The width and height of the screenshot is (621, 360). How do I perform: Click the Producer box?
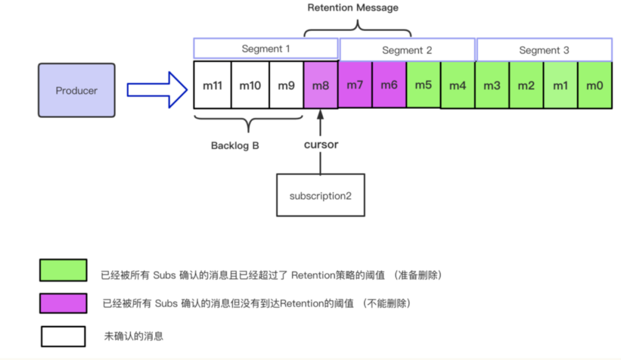click(77, 90)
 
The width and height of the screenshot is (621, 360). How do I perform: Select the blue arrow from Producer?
click(157, 90)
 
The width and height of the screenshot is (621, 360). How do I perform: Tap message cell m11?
click(212, 85)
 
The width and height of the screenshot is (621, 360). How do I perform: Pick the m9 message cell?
click(286, 85)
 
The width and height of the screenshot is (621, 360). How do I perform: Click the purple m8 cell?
click(321, 85)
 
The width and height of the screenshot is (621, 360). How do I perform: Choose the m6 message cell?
click(389, 85)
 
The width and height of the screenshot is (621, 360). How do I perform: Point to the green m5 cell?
click(423, 85)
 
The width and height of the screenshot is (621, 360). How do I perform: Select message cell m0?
click(595, 85)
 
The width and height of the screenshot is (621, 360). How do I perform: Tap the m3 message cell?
click(492, 85)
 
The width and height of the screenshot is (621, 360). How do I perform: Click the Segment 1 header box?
click(266, 49)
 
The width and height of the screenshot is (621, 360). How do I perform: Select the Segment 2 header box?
click(407, 50)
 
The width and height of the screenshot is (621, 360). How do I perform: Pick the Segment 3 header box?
click(544, 50)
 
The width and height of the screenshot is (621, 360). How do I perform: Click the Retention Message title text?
click(353, 7)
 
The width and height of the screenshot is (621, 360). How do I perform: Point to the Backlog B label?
click(235, 145)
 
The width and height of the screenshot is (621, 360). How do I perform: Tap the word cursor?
click(321, 144)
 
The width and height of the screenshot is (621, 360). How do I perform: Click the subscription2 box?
click(321, 195)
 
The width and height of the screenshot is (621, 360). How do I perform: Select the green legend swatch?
click(63, 270)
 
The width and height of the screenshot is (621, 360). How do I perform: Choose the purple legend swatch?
click(63, 303)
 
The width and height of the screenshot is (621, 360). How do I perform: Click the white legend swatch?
click(63, 336)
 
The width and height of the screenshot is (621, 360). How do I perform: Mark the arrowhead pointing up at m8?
click(320, 114)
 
